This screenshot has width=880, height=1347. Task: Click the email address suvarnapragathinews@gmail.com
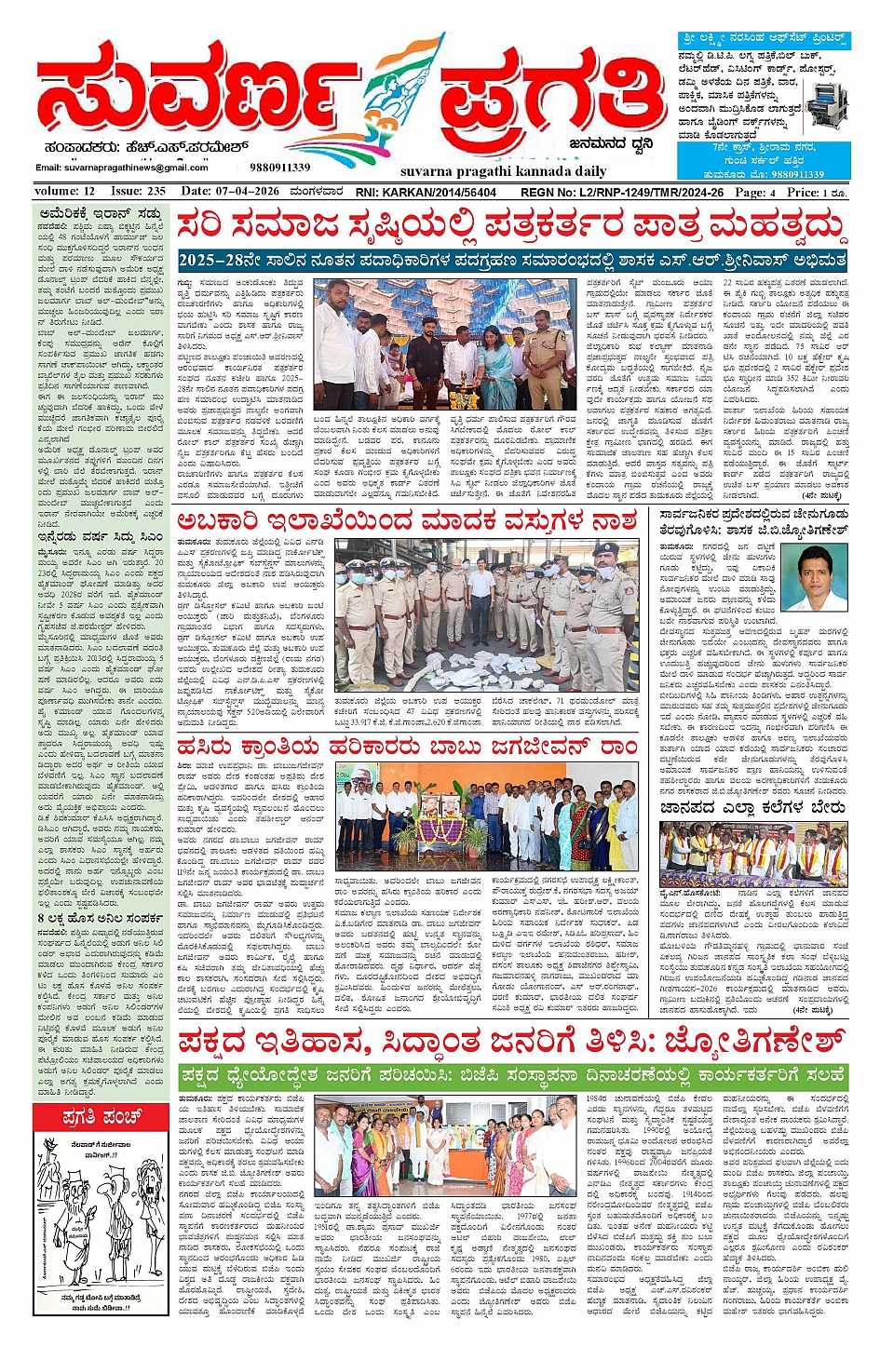pyautogui.click(x=122, y=168)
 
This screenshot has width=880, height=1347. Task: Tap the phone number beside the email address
pyautogui.click(x=280, y=168)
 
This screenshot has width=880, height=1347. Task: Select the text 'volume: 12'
pyautogui.click(x=64, y=191)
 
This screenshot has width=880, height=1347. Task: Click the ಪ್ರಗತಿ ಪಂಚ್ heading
pyautogui.click(x=102, y=1115)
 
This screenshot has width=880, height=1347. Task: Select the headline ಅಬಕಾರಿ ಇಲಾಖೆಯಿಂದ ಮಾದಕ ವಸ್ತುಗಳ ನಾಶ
pyautogui.click(x=409, y=521)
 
